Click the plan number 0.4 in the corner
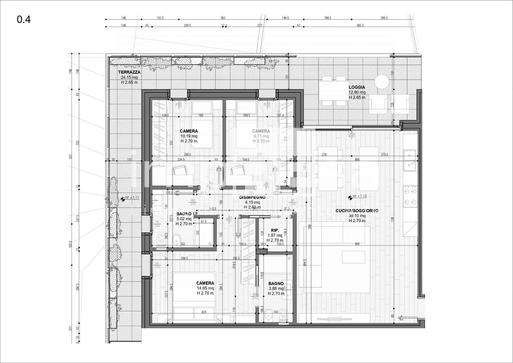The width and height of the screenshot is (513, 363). pyautogui.click(x=24, y=20)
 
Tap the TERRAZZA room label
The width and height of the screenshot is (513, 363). pyautogui.click(x=129, y=72)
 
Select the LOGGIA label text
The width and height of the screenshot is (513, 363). pyautogui.click(x=357, y=87)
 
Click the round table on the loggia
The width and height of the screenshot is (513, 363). pyautogui.click(x=382, y=82)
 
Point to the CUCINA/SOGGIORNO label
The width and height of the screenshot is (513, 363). pyautogui.click(x=357, y=211)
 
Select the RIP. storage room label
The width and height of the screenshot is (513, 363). pyautogui.click(x=275, y=230)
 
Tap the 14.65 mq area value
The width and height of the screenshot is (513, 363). pyautogui.click(x=205, y=288)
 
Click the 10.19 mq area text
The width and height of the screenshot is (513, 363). pyautogui.click(x=189, y=136)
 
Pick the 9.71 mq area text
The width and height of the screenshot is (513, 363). pyautogui.click(x=261, y=136)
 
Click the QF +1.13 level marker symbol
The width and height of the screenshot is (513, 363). pyautogui.click(x=350, y=198)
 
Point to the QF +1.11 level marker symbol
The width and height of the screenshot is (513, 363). pyautogui.click(x=123, y=199)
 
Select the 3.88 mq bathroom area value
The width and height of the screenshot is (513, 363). pyautogui.click(x=276, y=288)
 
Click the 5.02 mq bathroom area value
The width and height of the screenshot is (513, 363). pyautogui.click(x=184, y=219)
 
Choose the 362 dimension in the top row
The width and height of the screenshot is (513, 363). pyautogui.click(x=223, y=18)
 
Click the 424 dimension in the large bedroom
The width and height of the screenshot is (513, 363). pyautogui.click(x=204, y=312)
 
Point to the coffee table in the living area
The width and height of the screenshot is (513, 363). pyautogui.click(x=354, y=257)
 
